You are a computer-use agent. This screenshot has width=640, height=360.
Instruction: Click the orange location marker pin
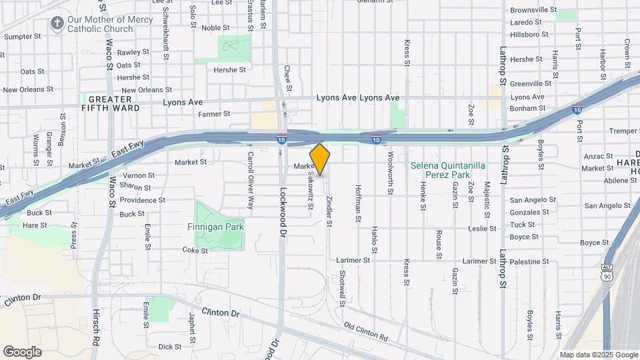(x=320, y=159)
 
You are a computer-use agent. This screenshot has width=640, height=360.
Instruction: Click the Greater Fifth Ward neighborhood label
(x=111, y=103)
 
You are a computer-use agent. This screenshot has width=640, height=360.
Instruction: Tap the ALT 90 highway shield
(x=606, y=273)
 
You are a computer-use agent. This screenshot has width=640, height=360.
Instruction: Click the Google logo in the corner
(x=22, y=351)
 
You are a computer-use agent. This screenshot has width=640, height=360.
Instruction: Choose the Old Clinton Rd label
(x=366, y=331)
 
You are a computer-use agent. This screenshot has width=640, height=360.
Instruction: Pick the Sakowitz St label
(x=311, y=190)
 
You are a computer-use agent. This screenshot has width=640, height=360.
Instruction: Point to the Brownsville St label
(x=533, y=10)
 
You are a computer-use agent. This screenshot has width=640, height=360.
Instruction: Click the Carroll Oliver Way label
(x=251, y=180)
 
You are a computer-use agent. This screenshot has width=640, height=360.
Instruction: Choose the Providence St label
(x=143, y=200)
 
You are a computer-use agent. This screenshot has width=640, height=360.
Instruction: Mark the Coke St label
(x=195, y=251)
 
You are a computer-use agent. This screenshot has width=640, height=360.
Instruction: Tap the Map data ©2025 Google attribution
(x=599, y=355)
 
